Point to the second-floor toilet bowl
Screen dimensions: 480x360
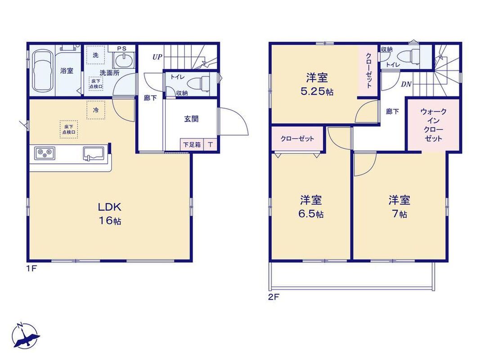pyautogui.click(x=408, y=56)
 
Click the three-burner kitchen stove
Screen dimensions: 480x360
pyautogui.click(x=45, y=153)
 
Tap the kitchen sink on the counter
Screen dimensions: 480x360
pyautogui.click(x=94, y=153)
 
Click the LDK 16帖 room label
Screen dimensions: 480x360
pyautogui.click(x=110, y=213)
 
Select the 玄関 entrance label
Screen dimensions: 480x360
pyautogui.click(x=191, y=119)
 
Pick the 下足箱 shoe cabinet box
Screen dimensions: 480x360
pyautogui.click(x=192, y=144)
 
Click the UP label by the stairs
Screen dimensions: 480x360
pyautogui.click(x=157, y=57)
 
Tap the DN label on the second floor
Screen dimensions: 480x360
pyautogui.click(x=406, y=84)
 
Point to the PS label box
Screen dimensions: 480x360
pyautogui.click(x=121, y=49)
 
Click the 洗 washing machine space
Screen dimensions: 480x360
pyautogui.click(x=95, y=55)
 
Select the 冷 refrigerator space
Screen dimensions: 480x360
pyautogui.click(x=96, y=110)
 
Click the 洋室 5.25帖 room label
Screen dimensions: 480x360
pyautogui.click(x=317, y=84)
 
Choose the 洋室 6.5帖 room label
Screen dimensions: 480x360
pyautogui.click(x=311, y=207)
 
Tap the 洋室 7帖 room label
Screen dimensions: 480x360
pyautogui.click(x=399, y=207)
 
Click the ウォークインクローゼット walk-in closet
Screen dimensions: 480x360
pyautogui.click(x=433, y=125)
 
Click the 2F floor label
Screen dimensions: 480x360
pyautogui.click(x=274, y=297)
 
